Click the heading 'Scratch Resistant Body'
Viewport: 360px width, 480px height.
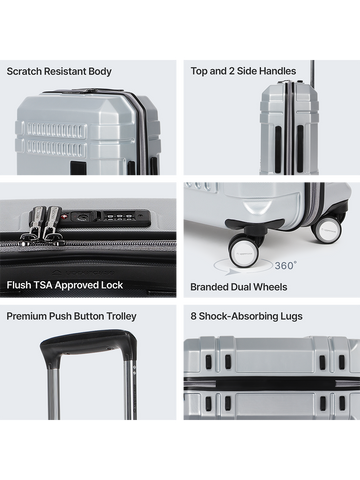point(59,71)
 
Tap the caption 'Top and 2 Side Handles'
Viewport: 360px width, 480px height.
point(243,71)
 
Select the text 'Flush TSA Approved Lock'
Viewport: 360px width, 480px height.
point(65,285)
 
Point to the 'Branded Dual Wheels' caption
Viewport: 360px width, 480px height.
point(239,287)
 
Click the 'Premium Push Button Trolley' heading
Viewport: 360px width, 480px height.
point(71,316)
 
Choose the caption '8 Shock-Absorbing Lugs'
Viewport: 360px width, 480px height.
point(246,316)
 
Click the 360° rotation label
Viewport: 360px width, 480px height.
point(286,266)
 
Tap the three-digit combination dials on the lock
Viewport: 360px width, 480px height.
point(118,217)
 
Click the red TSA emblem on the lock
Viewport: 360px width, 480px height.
point(65,217)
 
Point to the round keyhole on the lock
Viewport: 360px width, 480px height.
point(81,217)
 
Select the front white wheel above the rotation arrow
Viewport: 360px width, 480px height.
point(242,253)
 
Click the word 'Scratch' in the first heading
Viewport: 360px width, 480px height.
point(24,71)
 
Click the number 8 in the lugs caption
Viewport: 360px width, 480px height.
point(193,316)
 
